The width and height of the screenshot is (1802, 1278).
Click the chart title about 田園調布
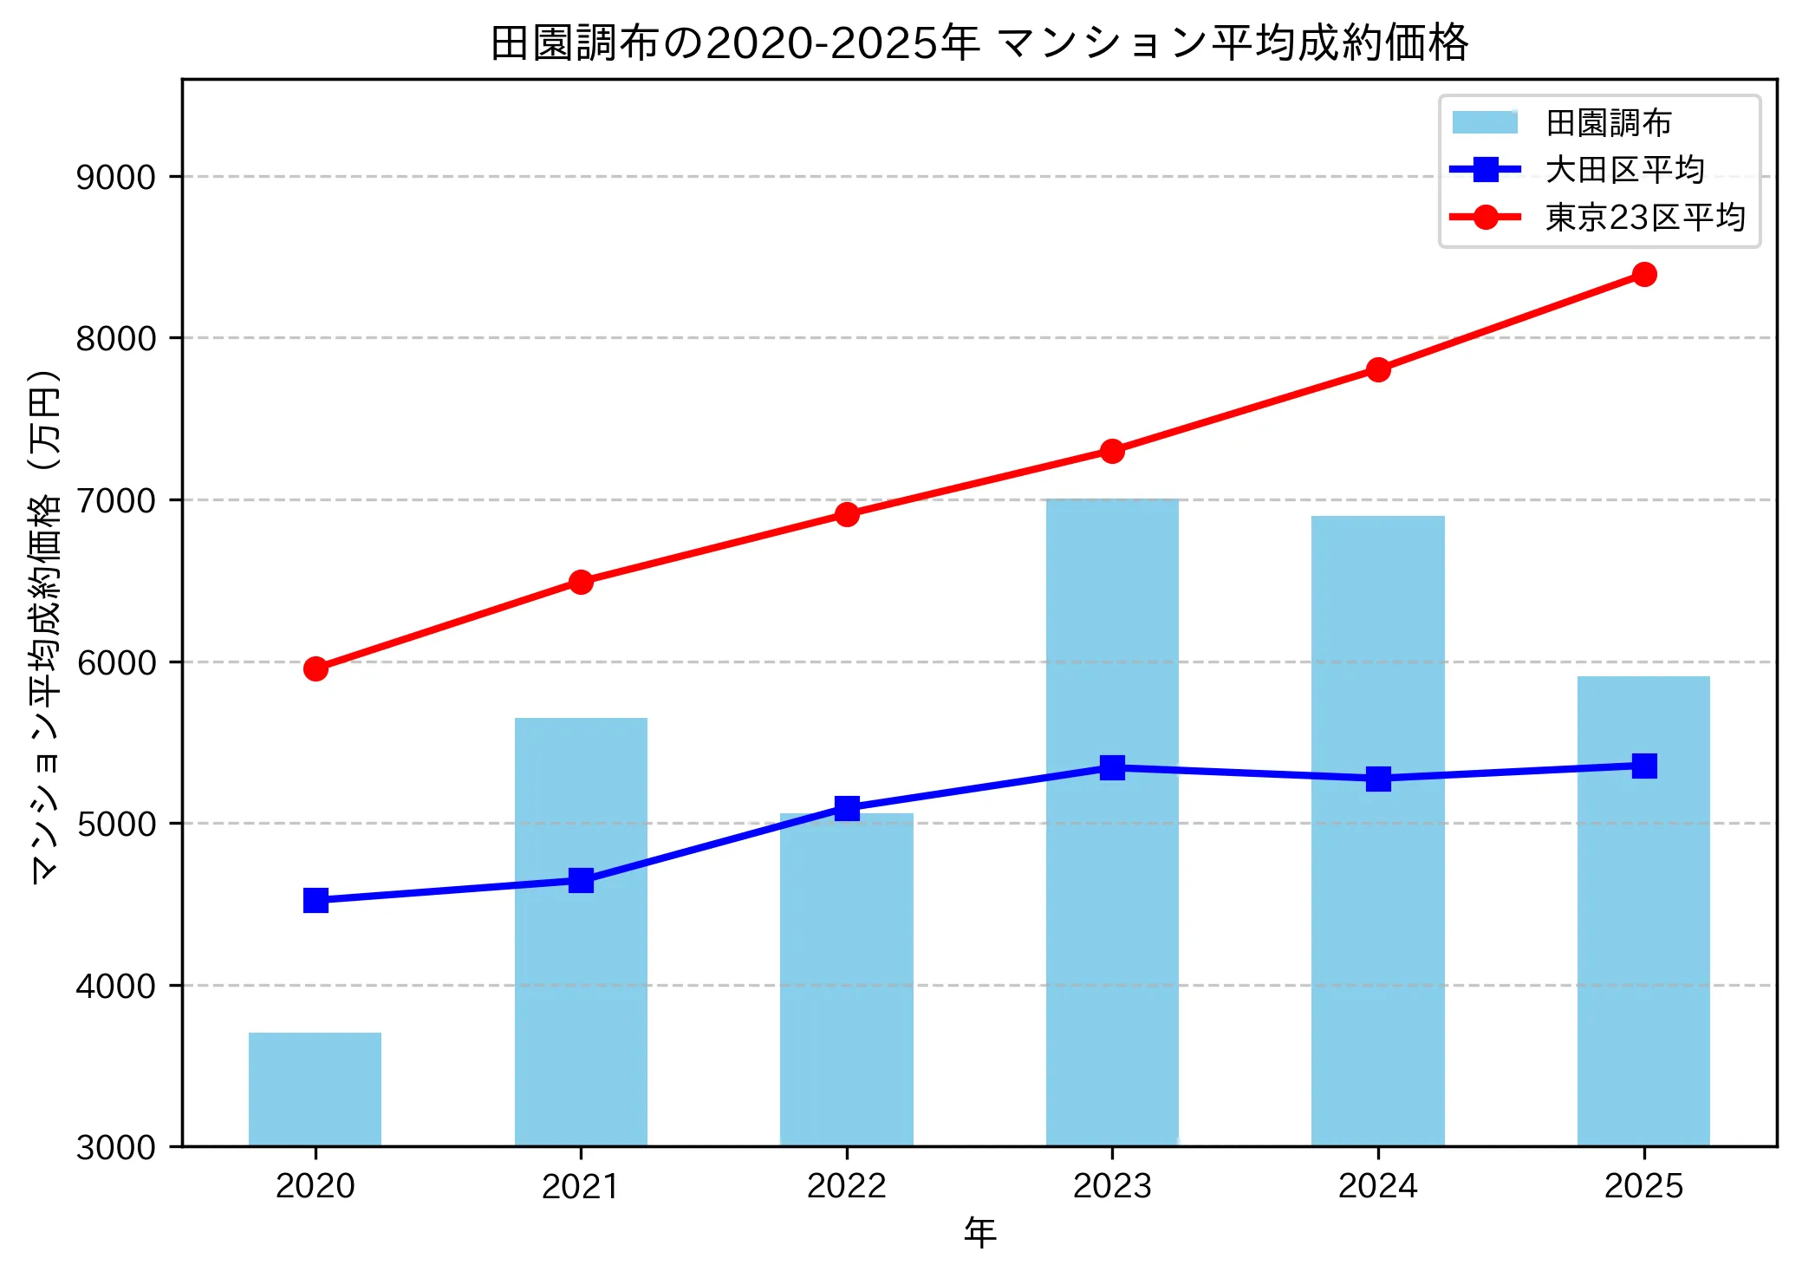coord(979,43)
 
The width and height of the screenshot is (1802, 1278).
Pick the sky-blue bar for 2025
coord(1643,910)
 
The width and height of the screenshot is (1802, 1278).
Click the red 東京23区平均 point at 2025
coord(1644,275)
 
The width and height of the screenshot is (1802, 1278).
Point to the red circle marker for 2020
coord(316,668)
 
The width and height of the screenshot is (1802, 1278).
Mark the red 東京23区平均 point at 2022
coord(847,514)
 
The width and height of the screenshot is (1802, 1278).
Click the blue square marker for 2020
coord(316,900)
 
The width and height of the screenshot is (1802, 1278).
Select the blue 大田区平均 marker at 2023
coord(1112,767)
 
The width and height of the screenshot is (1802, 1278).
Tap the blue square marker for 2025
coord(1644,766)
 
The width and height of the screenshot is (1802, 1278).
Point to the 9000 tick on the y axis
coord(116,177)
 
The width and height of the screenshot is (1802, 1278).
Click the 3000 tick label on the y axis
coord(116,1148)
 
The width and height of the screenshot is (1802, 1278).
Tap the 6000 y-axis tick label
coord(116,662)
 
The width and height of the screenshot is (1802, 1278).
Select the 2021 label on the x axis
coord(581,1186)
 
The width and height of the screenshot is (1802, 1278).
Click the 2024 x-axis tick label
coord(1378,1186)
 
